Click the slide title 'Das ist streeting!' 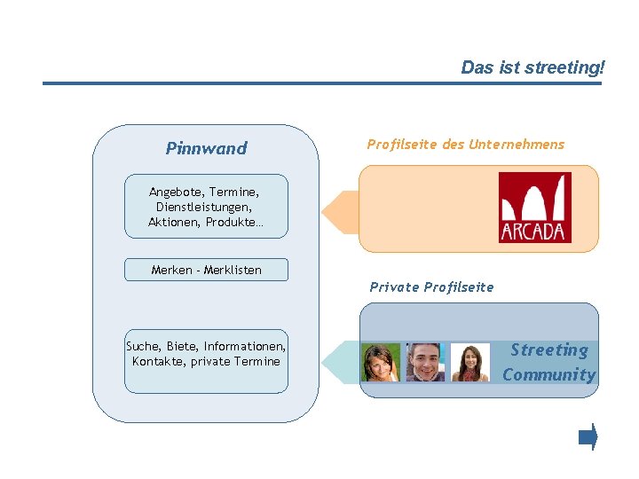(532, 67)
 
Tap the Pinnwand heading (206, 148)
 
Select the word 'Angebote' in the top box (173, 192)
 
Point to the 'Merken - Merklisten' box (206, 270)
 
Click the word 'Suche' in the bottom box (143, 347)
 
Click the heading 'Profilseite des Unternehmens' (465, 145)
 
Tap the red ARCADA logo (534, 208)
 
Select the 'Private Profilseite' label (431, 287)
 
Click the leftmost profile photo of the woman (381, 362)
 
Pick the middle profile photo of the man (425, 362)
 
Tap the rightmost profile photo (469, 362)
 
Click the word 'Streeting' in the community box (548, 350)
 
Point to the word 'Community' (548, 374)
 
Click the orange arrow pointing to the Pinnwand (338, 212)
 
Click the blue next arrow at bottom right (588, 436)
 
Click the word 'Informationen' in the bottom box (244, 347)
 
